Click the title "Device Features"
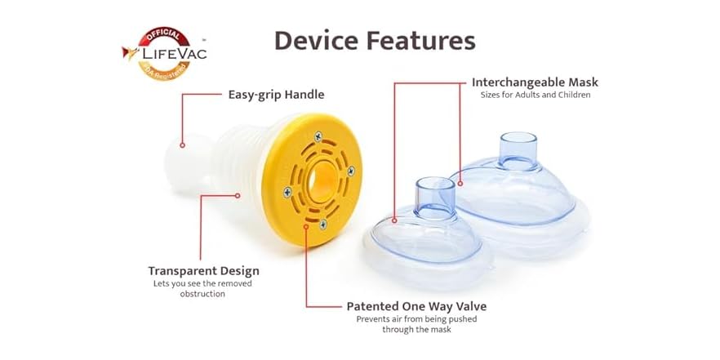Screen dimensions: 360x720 pyautogui.click(x=375, y=40)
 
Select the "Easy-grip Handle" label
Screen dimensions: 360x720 pyautogui.click(x=275, y=95)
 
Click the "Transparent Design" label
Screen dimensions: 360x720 pyautogui.click(x=203, y=270)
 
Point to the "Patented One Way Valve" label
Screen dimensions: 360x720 pyautogui.click(x=416, y=306)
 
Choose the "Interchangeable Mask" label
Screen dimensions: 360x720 pyautogui.click(x=535, y=82)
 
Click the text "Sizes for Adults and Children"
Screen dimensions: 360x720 pyautogui.click(x=535, y=96)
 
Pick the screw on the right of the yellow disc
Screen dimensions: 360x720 pyautogui.click(x=351, y=170)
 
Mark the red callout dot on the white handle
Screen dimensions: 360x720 pyautogui.click(x=183, y=145)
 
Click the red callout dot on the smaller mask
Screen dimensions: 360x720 pyautogui.click(x=394, y=220)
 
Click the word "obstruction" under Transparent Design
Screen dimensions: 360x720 pyautogui.click(x=203, y=294)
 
